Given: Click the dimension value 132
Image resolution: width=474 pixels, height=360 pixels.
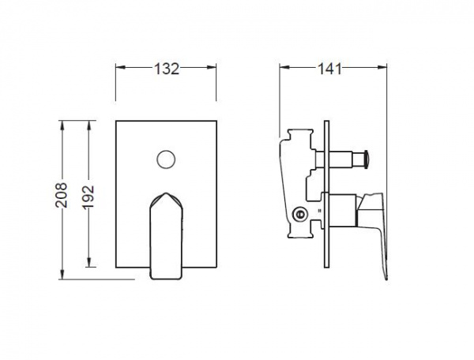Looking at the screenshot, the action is point(167,69).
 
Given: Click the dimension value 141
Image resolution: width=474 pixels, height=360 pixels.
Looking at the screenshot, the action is point(329,69).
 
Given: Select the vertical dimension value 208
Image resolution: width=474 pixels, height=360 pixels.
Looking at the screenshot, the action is point(62,195).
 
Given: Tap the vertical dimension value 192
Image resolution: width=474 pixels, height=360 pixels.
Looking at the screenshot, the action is point(88,197).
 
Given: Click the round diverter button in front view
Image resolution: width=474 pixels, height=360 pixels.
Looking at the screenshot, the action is point(166,159).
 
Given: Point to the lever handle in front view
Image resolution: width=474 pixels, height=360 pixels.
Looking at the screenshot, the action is point(166,236).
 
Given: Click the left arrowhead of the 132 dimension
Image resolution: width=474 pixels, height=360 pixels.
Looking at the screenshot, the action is point(120,67).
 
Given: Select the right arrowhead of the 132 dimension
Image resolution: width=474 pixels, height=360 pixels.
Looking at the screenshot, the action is point(212,67).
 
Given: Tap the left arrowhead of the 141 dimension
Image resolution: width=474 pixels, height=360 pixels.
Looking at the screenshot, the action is point(284,67).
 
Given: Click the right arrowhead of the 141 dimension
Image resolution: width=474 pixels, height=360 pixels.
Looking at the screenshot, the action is point(382,67).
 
